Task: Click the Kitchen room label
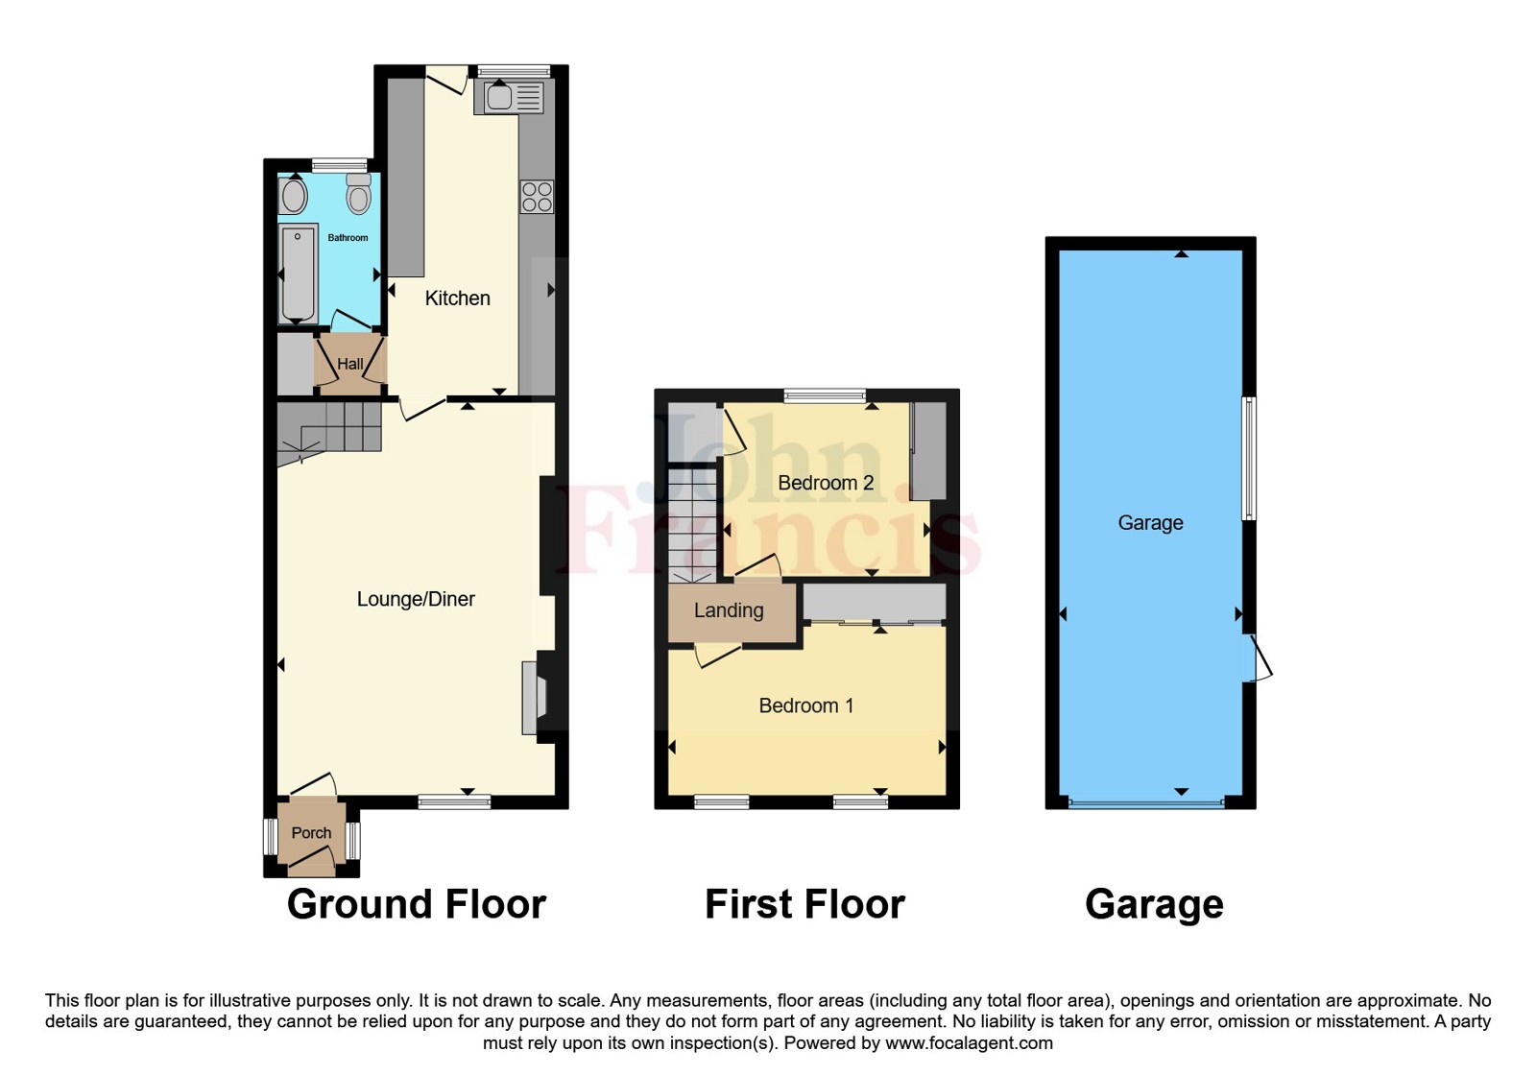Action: (457, 299)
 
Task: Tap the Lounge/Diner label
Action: (416, 599)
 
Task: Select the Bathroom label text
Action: (348, 238)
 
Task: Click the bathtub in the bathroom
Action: (299, 274)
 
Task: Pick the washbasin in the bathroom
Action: (294, 196)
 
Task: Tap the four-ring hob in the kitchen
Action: (537, 197)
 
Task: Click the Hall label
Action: (350, 365)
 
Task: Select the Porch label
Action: (311, 833)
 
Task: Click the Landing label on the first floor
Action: (729, 610)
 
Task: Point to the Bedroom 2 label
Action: (826, 483)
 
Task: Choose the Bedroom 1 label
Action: (805, 706)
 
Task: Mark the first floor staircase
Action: (692, 524)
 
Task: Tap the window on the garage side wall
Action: (1249, 458)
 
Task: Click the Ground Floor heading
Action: (416, 904)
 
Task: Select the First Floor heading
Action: (804, 904)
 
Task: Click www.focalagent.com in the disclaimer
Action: (969, 1043)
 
